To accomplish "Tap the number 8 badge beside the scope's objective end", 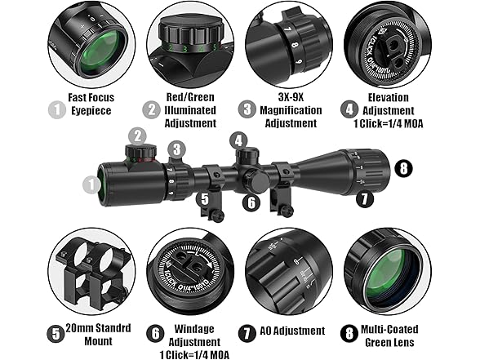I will point(402,168).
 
